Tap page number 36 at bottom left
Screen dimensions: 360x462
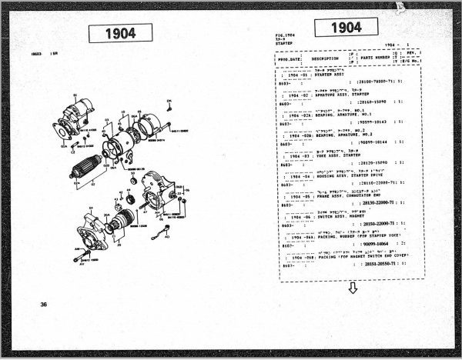point(45,305)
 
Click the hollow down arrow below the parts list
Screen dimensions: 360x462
point(353,288)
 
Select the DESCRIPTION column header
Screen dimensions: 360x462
point(325,58)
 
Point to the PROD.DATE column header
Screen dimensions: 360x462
point(289,58)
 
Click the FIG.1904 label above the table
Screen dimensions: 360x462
point(286,35)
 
